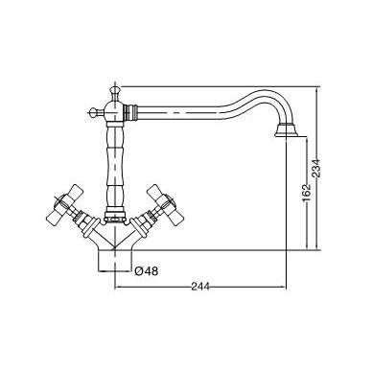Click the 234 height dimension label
[315, 168]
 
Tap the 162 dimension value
[307, 193]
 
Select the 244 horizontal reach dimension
[200, 287]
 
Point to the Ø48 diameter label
[147, 271]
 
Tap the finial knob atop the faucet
[114, 91]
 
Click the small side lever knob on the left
[95, 112]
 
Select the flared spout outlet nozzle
[288, 130]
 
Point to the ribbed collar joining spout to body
[130, 112]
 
